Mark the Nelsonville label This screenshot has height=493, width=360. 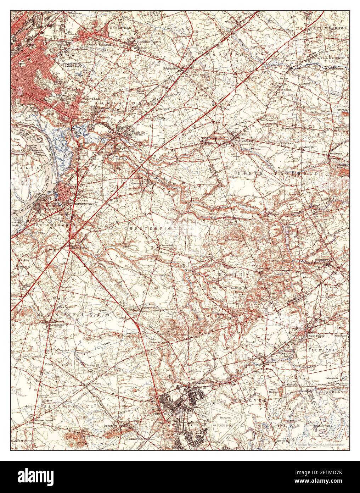(308, 147)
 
